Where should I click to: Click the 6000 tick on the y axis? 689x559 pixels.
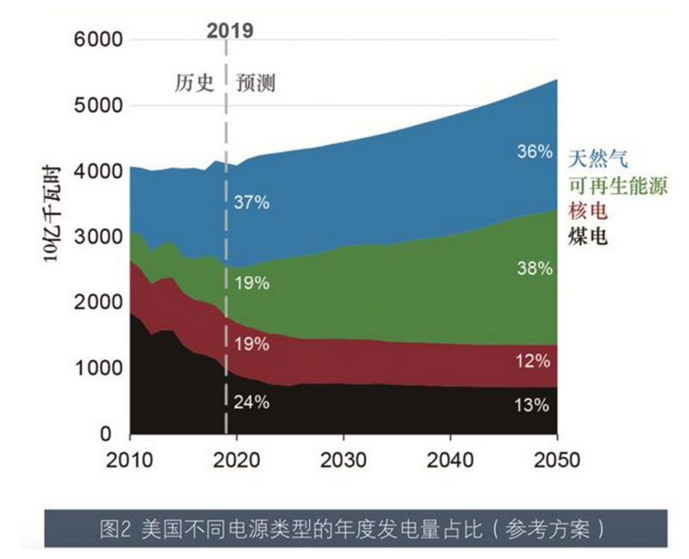96,40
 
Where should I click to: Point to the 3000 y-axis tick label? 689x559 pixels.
96,237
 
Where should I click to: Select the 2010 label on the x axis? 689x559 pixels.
129,459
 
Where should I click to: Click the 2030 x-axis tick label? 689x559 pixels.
344,459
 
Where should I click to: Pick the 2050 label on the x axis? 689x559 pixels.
557,459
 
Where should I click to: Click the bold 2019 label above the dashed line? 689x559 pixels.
230,32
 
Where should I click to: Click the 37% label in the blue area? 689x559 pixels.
252,203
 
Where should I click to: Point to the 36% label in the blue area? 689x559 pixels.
533,152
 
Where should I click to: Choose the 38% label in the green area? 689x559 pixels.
533,268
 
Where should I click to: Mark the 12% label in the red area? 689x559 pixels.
533,361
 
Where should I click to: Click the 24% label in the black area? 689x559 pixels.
252,401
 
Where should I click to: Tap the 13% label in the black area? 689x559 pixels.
533,405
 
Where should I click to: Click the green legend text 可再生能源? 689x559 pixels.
618,185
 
